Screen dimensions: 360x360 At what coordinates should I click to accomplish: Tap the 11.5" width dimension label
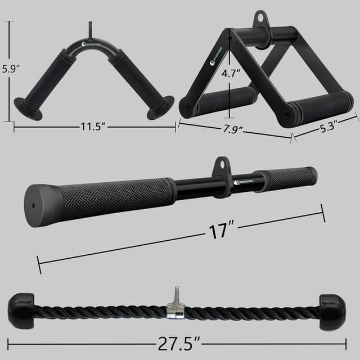coord(93,127)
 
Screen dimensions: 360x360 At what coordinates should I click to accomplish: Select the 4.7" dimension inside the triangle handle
coord(231,73)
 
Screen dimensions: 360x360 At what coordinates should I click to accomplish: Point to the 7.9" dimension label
coord(229,130)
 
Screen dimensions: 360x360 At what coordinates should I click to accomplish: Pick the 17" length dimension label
coord(219,230)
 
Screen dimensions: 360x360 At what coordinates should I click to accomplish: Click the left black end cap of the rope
coord(22,307)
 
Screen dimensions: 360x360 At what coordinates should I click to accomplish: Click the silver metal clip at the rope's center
coord(175,307)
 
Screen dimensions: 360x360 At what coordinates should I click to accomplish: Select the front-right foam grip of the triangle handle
coord(322,106)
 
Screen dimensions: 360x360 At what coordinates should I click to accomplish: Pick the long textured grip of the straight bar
coord(115,197)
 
